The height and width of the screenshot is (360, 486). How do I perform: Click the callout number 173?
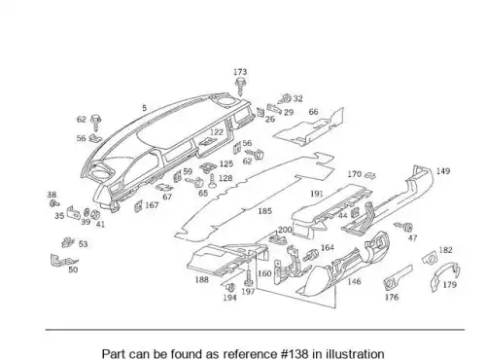click(240, 72)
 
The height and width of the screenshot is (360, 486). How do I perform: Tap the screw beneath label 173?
click(240, 86)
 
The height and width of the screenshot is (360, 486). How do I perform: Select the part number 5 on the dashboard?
click(145, 108)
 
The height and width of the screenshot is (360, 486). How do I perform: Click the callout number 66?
click(313, 112)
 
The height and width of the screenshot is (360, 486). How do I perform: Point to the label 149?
click(443, 171)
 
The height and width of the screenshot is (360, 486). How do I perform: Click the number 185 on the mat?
click(264, 211)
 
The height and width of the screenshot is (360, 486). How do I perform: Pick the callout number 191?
click(317, 194)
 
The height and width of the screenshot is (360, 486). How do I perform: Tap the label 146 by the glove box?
click(354, 281)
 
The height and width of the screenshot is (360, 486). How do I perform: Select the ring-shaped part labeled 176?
click(390, 283)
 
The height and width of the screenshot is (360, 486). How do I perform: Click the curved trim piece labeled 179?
click(436, 276)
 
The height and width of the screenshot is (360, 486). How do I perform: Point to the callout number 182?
click(445, 250)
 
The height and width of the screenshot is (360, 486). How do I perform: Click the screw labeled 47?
click(403, 226)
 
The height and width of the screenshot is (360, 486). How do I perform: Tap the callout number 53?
click(84, 244)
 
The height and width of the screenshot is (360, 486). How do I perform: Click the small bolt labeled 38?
click(54, 203)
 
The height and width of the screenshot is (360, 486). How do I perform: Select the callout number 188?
click(202, 279)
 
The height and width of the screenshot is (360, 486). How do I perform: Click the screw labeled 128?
click(212, 181)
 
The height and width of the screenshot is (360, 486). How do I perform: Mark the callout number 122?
click(217, 132)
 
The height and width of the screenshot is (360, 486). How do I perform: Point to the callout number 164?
click(328, 248)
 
